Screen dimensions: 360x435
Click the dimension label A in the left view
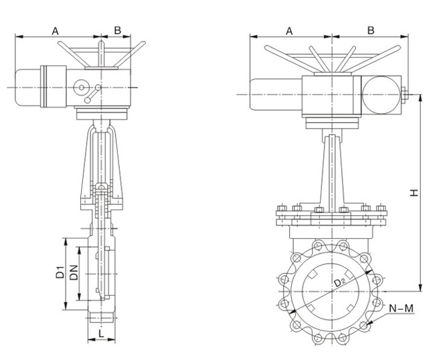(56, 30)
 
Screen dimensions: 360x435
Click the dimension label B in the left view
(117, 30)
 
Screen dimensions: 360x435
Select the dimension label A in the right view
(290, 30)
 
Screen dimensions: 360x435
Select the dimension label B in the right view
(371, 30)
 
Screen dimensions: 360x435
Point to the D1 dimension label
(60, 273)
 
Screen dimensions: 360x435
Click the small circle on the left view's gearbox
(82, 88)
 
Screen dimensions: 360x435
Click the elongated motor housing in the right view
(275, 94)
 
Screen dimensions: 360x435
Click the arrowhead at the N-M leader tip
(367, 325)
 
